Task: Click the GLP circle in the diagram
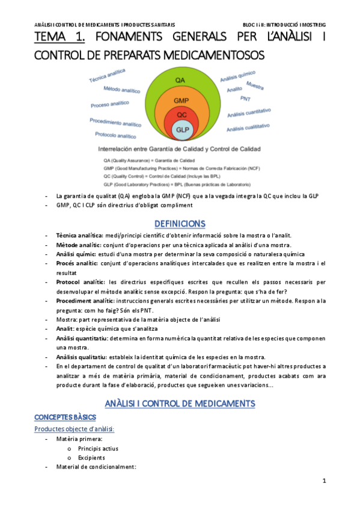pyautogui.click(x=181, y=129)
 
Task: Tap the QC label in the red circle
pyautogui.click(x=181, y=114)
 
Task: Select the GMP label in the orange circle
pyautogui.click(x=181, y=100)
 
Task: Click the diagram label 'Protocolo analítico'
pyautogui.click(x=116, y=136)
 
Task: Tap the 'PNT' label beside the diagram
pyautogui.click(x=245, y=98)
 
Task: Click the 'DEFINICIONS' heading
pyautogui.click(x=180, y=224)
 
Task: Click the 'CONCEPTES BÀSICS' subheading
pyautogui.click(x=65, y=417)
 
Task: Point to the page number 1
pyautogui.click(x=324, y=481)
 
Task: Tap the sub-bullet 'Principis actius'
pyautogui.click(x=98, y=448)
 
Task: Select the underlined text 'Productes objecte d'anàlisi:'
pyautogui.click(x=75, y=429)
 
